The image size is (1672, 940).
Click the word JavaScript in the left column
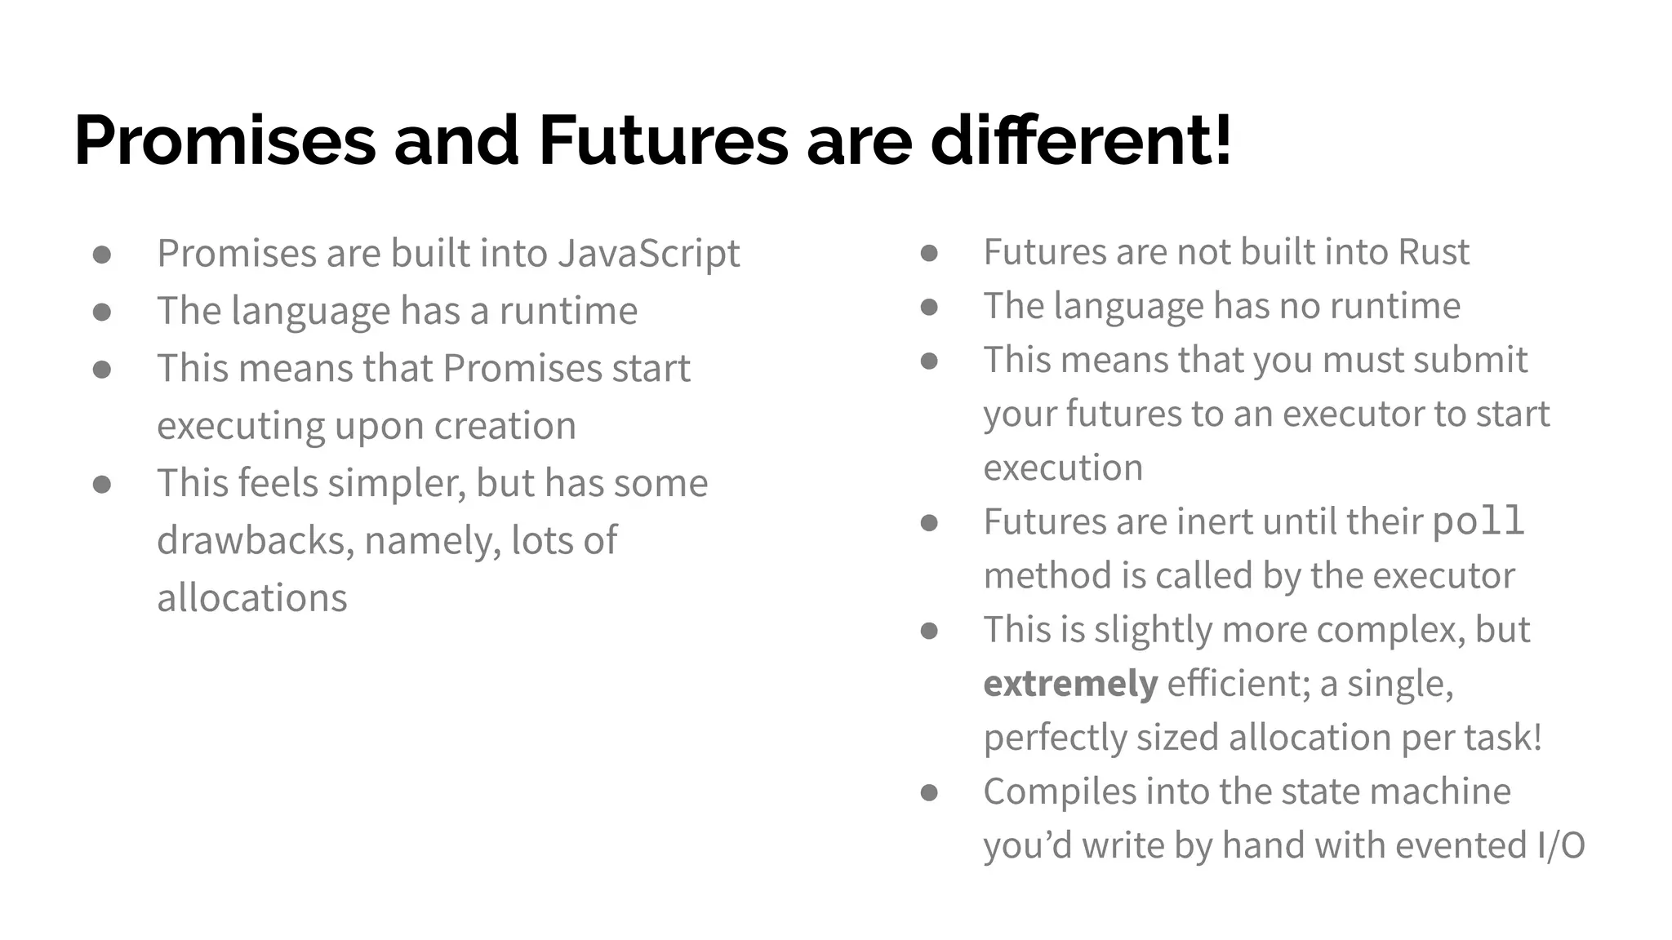[649, 254]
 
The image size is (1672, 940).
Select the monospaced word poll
[1479, 522]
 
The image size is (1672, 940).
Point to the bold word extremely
[1070, 684]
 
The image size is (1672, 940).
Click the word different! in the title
[1081, 141]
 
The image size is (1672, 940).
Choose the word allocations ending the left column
[252, 598]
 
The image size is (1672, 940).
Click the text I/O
[1560, 845]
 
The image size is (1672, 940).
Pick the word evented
[1461, 845]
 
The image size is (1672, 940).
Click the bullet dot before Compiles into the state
[929, 792]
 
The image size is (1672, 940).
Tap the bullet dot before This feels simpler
[102, 485]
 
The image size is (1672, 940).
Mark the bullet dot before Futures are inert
[929, 523]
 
